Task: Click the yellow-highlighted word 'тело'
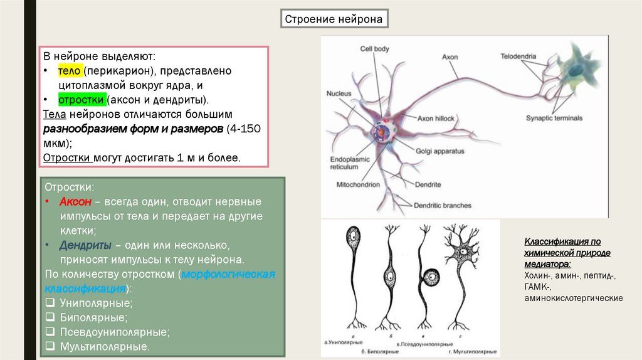70,71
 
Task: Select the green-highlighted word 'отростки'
81,100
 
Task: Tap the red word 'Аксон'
76,202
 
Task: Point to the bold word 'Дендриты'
86,245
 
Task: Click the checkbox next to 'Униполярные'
50,303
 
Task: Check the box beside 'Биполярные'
50,317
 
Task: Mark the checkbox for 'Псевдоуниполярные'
50,332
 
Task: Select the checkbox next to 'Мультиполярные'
50,346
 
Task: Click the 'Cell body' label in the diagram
374,49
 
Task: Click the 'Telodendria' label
518,56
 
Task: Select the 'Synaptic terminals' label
554,118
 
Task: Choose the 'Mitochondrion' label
358,185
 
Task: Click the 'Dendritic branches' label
442,205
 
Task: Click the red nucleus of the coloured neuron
381,133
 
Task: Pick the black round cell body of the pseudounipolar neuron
431,277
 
